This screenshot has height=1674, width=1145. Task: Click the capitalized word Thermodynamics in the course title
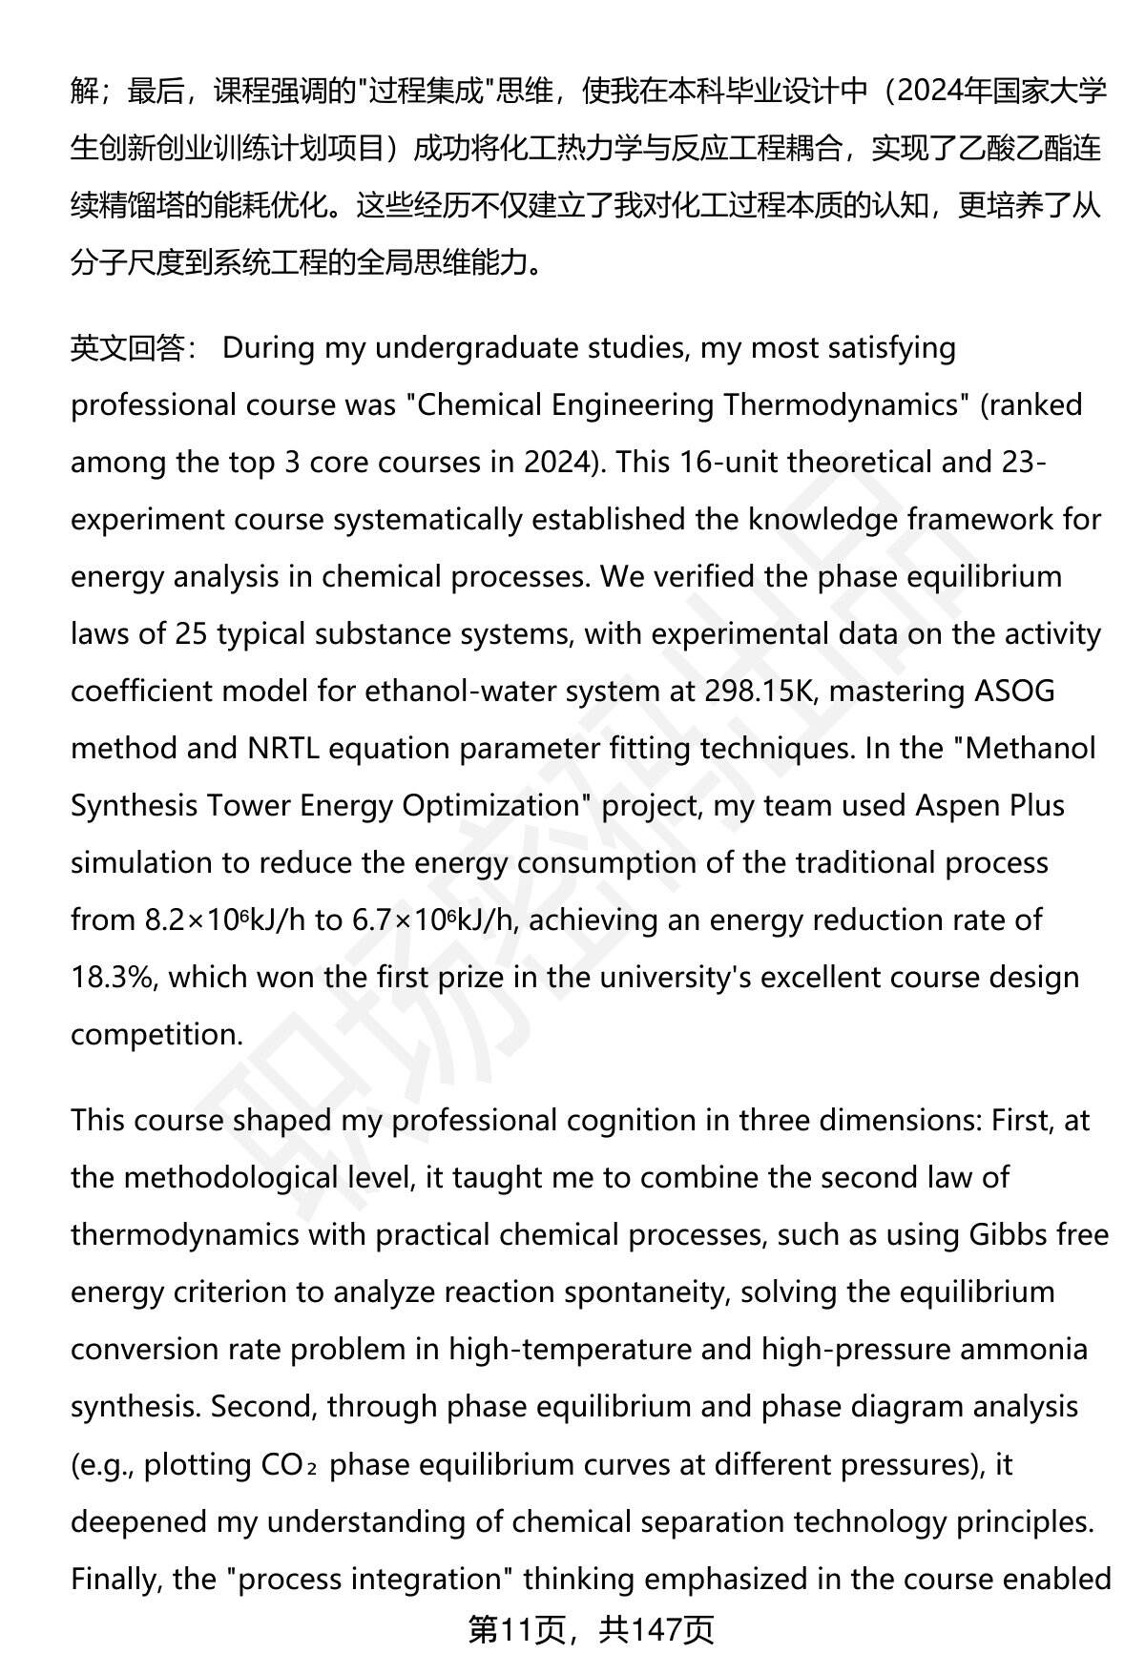841,405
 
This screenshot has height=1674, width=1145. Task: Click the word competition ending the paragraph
156,1035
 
